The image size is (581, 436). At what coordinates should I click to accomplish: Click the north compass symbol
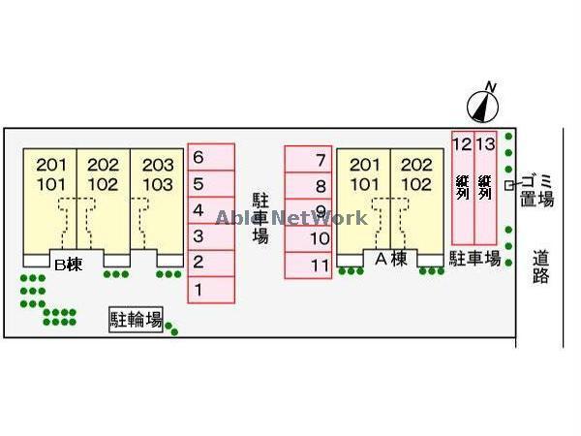(482, 103)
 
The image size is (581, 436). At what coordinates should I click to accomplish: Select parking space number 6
(210, 157)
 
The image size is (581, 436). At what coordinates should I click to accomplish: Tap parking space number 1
(210, 289)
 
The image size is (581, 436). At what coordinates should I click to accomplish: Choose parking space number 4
(210, 209)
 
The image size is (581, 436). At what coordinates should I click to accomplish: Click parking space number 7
(309, 160)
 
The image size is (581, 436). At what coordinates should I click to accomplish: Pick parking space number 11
(309, 265)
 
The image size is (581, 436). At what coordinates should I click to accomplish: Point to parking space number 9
(309, 212)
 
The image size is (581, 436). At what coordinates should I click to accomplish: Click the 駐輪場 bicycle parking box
(136, 319)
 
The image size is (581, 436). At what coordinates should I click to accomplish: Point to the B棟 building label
(68, 262)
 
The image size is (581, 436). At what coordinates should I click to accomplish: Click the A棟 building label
(388, 258)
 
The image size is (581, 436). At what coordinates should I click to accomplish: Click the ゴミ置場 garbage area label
(536, 189)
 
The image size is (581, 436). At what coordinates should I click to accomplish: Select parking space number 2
(210, 262)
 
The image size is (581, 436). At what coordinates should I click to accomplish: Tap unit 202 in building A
(416, 165)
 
